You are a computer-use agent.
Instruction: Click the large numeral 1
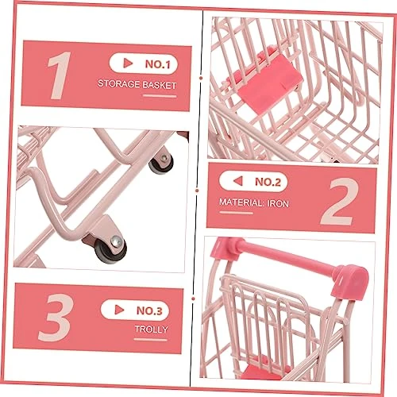(x=60, y=75)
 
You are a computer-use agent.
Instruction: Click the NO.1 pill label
(x=143, y=64)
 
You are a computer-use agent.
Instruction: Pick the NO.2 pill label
(x=253, y=182)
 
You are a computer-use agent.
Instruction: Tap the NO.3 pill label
(x=135, y=310)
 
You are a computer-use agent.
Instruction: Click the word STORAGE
(x=119, y=84)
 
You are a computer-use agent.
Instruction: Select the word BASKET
(x=160, y=85)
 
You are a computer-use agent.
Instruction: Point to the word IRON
(x=278, y=203)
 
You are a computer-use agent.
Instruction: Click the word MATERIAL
(x=241, y=202)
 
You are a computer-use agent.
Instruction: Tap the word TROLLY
(x=152, y=330)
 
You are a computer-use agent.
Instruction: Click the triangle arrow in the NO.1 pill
(x=128, y=63)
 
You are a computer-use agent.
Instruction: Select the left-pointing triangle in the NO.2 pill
(x=238, y=181)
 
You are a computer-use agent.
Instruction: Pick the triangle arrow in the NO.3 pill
(x=119, y=310)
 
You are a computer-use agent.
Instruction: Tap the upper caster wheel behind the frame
(x=161, y=164)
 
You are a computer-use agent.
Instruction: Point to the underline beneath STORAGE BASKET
(x=160, y=96)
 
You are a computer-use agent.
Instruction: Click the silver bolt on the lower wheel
(x=117, y=241)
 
